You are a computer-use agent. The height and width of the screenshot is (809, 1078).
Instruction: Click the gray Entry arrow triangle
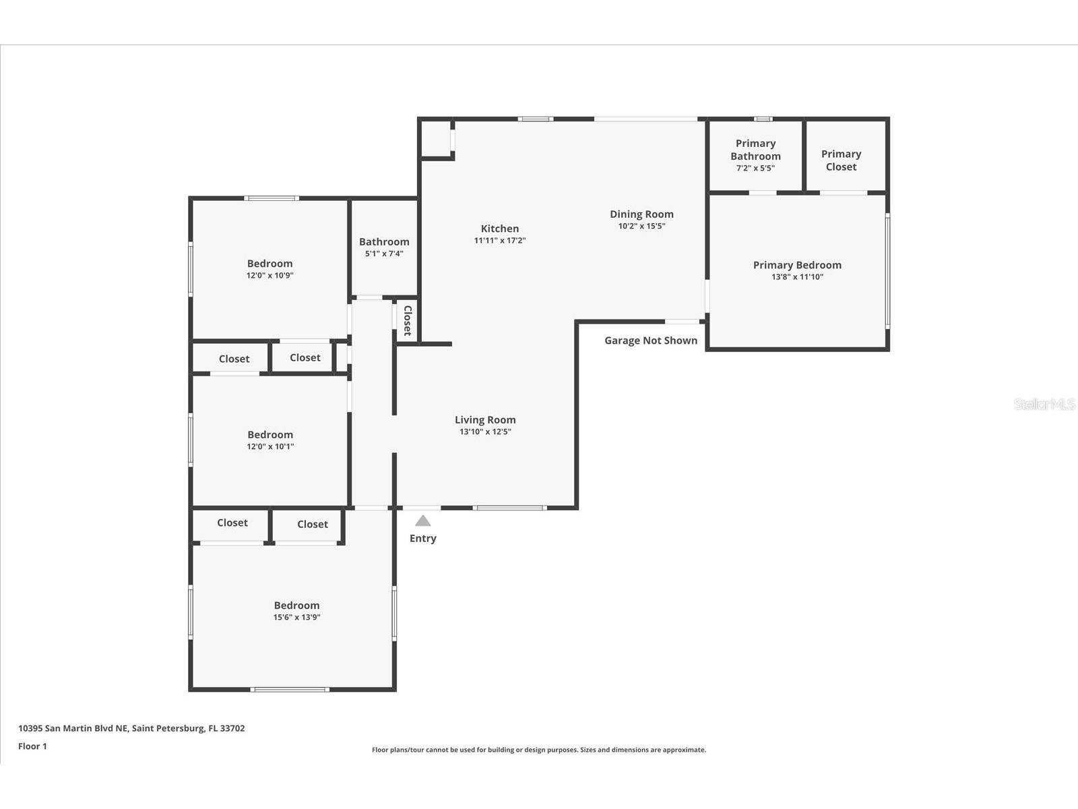(423, 521)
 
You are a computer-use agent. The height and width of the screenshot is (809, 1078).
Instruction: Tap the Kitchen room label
(499, 229)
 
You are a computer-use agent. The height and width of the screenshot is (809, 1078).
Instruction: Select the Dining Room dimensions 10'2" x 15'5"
(641, 226)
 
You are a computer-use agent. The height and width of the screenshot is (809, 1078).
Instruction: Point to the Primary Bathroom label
(755, 150)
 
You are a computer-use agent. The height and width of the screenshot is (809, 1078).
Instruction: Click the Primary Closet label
(841, 160)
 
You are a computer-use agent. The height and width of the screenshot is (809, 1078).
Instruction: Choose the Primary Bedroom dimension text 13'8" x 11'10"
(797, 277)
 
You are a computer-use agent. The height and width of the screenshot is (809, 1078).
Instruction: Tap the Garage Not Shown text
(651, 340)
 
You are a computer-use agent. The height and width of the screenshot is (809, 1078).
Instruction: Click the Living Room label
(485, 420)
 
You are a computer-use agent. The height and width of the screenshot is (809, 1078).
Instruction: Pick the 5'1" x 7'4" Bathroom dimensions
(384, 253)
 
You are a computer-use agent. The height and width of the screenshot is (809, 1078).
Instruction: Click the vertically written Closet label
(408, 321)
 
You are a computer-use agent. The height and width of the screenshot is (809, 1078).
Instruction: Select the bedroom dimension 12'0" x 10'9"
(269, 276)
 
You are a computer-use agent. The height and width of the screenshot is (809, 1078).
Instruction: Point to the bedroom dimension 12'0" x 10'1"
(270, 446)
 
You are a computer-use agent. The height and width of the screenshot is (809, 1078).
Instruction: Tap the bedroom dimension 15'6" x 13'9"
(296, 618)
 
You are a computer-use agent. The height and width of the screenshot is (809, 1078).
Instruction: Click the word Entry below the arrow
(423, 539)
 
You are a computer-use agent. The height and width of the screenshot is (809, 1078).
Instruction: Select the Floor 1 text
(32, 746)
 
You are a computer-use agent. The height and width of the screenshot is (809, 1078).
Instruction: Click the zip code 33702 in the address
(232, 729)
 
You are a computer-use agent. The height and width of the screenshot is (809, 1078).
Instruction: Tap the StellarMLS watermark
(1044, 404)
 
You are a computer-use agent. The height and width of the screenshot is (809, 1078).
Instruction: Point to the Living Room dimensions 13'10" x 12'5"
(485, 431)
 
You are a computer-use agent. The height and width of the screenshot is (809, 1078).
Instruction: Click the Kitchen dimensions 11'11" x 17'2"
(499, 241)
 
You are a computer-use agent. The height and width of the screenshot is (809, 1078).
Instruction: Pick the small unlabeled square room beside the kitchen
(436, 139)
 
